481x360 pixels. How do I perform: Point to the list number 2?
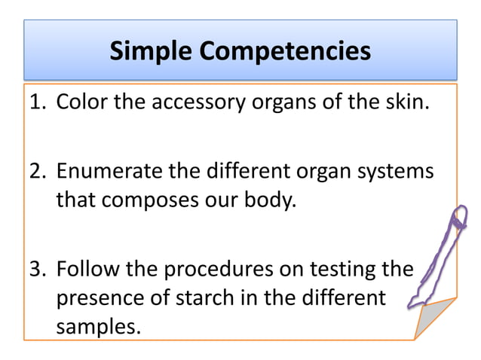point(37,171)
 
